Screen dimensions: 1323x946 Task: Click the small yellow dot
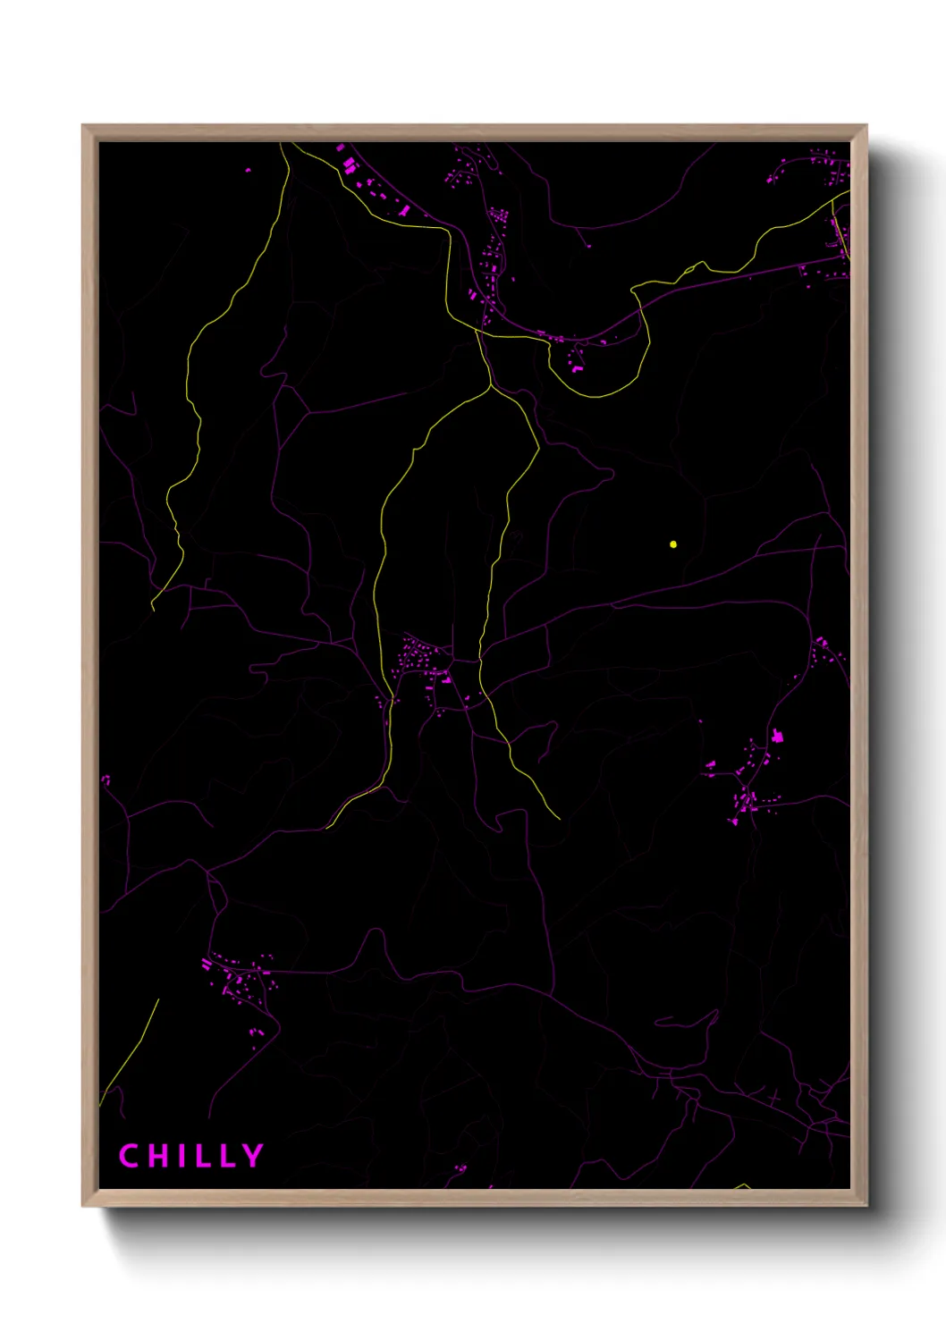673,544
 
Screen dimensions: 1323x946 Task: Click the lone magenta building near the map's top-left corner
248,169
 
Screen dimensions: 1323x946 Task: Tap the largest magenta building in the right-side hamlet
776,737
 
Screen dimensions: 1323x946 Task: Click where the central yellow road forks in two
491,386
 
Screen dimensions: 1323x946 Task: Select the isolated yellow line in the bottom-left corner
130,1051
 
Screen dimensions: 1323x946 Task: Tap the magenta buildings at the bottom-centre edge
460,1167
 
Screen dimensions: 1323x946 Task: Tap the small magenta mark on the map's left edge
106,779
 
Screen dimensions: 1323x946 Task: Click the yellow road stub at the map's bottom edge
743,1186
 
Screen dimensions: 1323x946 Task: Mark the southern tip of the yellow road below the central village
559,818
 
